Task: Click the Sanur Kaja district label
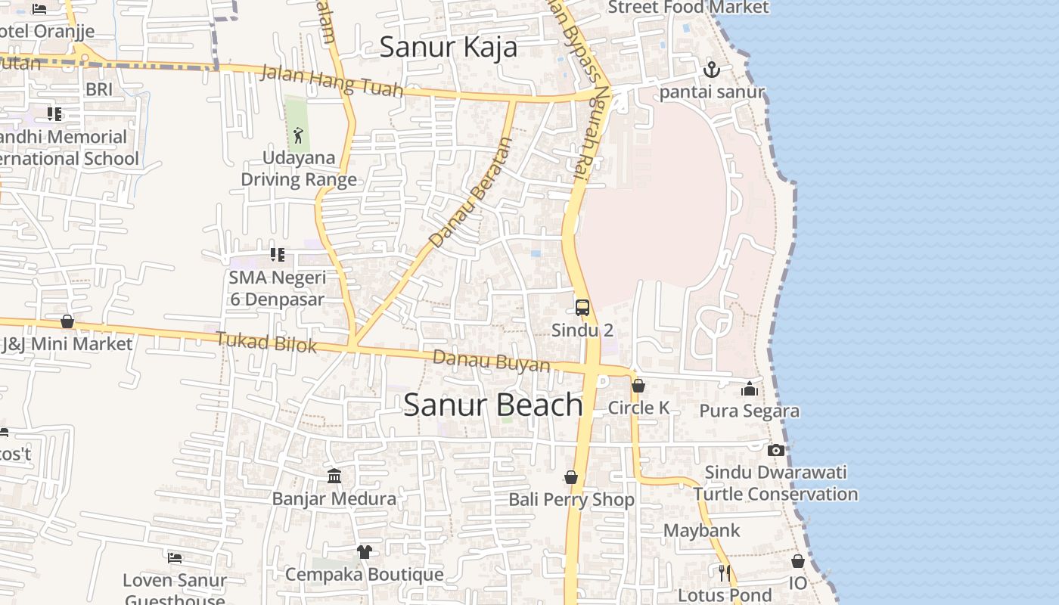coord(448,47)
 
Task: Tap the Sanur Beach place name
coord(492,405)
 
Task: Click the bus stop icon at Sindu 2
coord(582,308)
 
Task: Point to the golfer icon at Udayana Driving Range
coord(298,136)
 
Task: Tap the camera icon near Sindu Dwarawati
coord(775,451)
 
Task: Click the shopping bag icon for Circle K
coord(638,386)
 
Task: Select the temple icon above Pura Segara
coord(750,389)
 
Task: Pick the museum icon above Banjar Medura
coord(334,476)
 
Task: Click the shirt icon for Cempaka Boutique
coord(364,551)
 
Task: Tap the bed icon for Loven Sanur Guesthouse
coord(175,558)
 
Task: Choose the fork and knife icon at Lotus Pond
coord(725,572)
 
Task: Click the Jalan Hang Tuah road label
coord(332,81)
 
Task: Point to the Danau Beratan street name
coord(470,192)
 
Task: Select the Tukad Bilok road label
coord(266,342)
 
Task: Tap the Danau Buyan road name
coord(491,361)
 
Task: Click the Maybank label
coord(701,530)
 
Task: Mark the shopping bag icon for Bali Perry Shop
coord(571,477)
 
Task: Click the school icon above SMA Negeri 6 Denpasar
coord(278,255)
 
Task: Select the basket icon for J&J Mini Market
coord(67,322)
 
